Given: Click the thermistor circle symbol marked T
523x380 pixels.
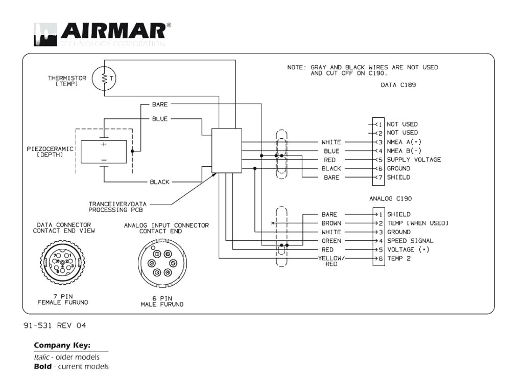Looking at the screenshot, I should tap(105, 78).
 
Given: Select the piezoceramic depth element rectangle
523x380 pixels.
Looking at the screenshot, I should tap(104, 151).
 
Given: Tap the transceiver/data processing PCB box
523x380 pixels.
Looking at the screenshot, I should tap(226, 150).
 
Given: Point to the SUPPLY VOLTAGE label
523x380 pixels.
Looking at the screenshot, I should tap(413, 160).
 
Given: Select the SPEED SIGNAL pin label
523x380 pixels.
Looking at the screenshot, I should tap(410, 241).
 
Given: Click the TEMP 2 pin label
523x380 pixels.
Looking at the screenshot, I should tap(398, 259).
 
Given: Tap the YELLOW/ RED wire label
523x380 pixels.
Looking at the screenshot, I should tap(331, 261).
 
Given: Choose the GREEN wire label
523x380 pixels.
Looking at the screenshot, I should tap(331, 241).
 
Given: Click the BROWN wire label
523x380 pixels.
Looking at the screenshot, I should tap(331, 223).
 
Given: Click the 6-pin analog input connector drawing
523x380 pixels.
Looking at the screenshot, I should tap(162, 263).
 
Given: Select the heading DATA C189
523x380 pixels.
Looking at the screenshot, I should tap(398, 85).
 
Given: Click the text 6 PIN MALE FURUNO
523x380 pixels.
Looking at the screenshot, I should tap(162, 301).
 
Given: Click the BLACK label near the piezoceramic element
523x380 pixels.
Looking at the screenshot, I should tap(159, 182).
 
